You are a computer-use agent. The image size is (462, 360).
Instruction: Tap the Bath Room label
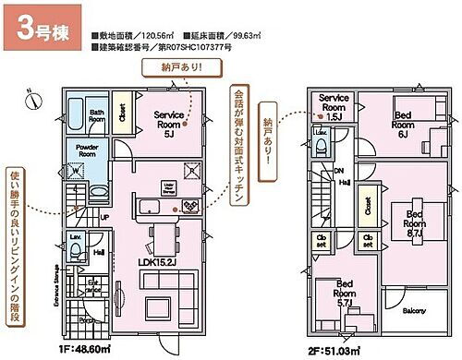95,115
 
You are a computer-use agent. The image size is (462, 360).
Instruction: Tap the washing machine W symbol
73,170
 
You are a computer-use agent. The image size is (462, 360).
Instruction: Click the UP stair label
103,217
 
